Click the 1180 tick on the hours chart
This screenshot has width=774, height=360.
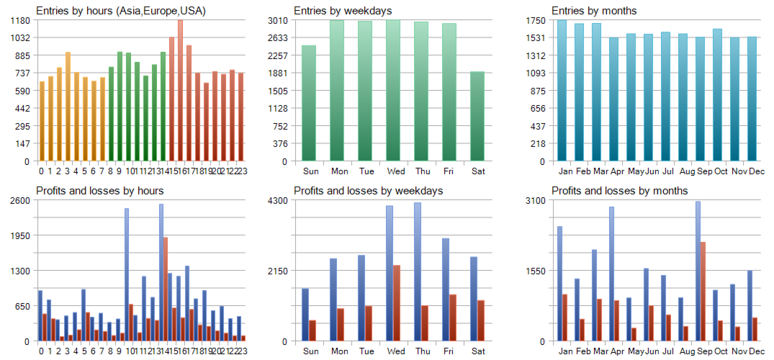pos(20,20)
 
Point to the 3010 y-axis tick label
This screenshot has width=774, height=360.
pos(278,20)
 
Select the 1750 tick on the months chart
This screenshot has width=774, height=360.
pos(536,20)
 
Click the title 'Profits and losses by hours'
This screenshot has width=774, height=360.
pos(100,191)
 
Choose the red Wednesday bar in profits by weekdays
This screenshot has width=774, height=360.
pos(396,303)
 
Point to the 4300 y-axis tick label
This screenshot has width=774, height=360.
pos(278,200)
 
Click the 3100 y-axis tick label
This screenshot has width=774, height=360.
pos(536,200)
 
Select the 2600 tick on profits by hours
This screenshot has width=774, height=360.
pos(20,200)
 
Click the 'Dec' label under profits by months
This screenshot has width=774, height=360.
pos(757,351)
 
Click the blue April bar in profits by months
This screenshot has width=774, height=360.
pos(611,274)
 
